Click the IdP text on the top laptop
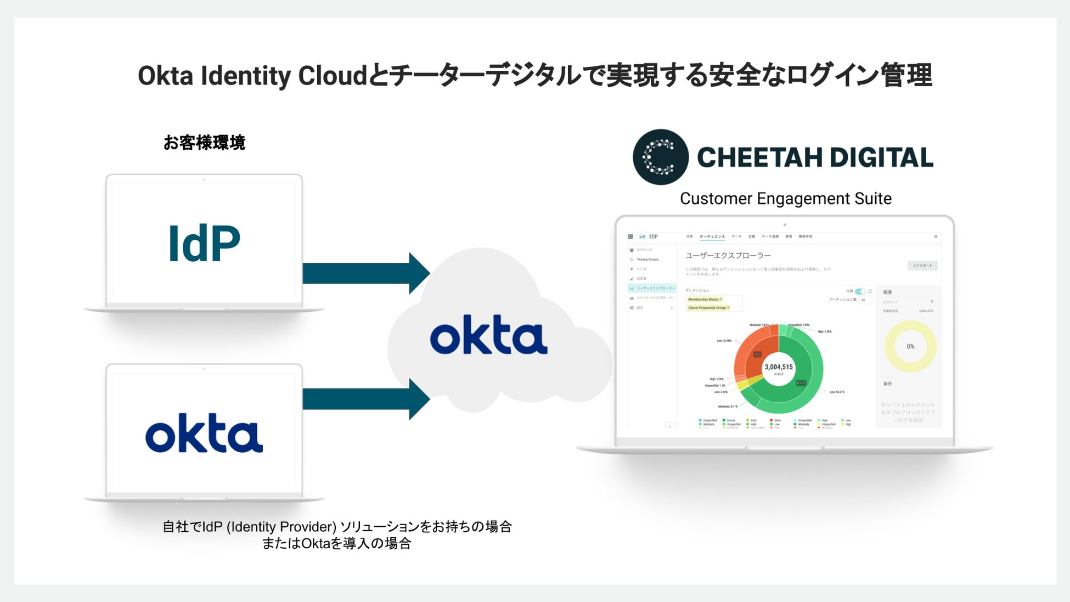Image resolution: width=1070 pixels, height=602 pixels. pos(204,243)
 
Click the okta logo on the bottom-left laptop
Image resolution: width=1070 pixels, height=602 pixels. pos(204,434)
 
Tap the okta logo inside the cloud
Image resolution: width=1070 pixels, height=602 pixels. pos(488,335)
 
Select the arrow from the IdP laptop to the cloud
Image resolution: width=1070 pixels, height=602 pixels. pos(365,273)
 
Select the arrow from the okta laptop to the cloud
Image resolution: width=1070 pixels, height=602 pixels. pos(365,399)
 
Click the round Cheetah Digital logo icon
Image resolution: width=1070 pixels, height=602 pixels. pos(660,157)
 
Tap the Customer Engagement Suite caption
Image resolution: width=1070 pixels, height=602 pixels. pos(785,199)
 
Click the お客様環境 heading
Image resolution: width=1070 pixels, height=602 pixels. pos(204,143)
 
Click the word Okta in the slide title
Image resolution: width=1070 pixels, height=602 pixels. pos(165,76)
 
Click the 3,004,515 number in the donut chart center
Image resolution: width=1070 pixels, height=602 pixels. pos(779,367)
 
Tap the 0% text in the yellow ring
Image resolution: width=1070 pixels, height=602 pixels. pos(910,346)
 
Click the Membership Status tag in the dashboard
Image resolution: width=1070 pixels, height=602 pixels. pos(705,300)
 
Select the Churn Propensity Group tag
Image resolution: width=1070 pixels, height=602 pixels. pos(708,308)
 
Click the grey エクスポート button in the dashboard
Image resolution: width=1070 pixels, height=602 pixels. pos(922,266)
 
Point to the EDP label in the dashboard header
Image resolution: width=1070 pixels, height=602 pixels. pos(653,237)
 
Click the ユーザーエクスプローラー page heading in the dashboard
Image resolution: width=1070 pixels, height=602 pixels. pos(728,256)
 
